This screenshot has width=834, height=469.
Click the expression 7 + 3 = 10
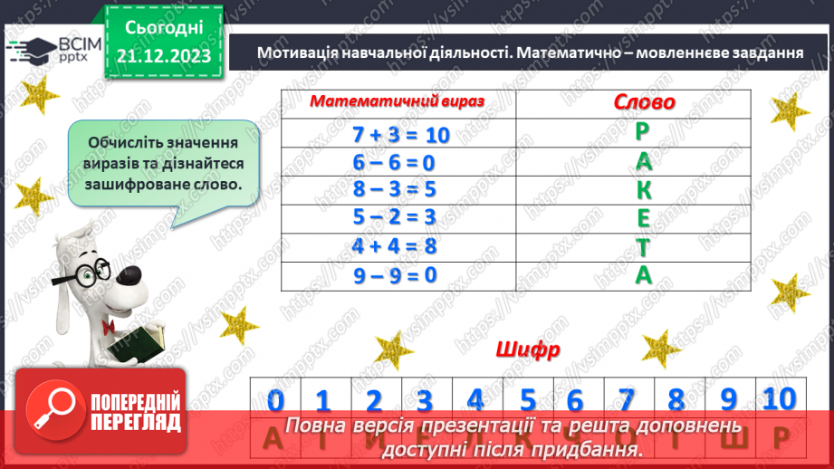point(400,134)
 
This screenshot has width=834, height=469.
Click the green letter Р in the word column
point(643,132)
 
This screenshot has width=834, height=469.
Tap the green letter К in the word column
point(643,189)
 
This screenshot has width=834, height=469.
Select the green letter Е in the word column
point(643,218)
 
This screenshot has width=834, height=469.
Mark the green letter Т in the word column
point(643,246)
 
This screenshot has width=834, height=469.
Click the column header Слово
point(644,103)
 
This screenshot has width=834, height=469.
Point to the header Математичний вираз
point(398,103)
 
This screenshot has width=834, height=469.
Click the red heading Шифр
point(528,349)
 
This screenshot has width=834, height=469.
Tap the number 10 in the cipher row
point(779,397)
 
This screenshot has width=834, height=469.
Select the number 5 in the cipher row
point(528,399)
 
